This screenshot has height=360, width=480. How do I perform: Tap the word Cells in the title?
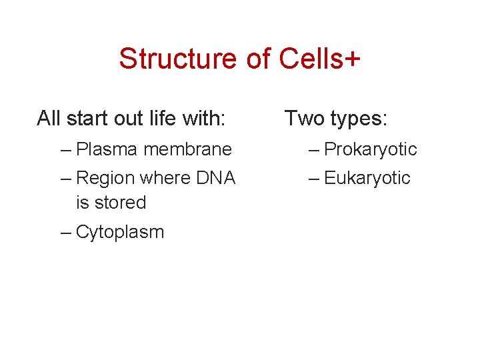click(x=308, y=59)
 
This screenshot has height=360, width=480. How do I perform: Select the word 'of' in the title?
click(x=258, y=59)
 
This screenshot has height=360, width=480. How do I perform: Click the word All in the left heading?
click(x=49, y=119)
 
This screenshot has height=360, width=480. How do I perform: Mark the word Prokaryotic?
click(x=370, y=150)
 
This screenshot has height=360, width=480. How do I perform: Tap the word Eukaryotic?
click(x=367, y=178)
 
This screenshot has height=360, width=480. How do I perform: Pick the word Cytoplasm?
click(x=120, y=233)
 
